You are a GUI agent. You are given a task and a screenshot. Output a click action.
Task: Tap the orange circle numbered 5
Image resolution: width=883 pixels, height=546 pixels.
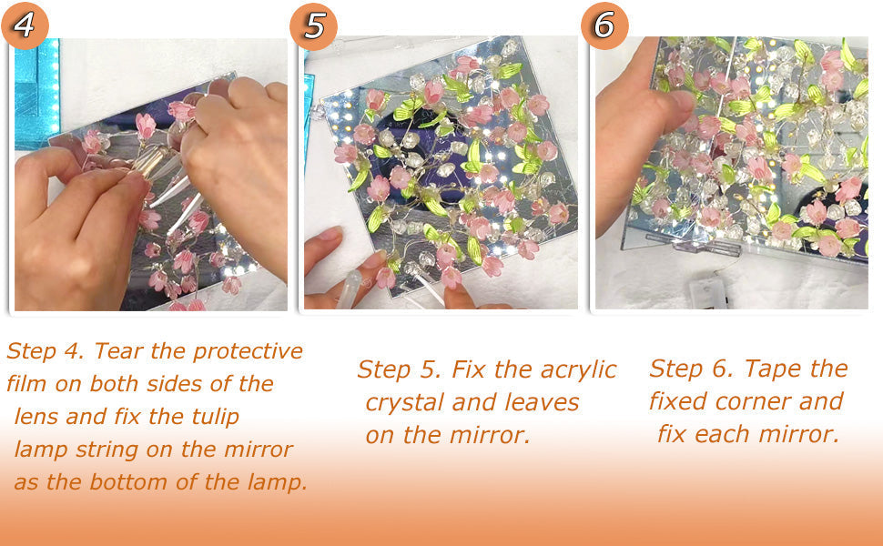click(313, 25)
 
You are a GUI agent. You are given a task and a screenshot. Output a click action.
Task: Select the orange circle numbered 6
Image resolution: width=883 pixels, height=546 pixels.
click(604, 25)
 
